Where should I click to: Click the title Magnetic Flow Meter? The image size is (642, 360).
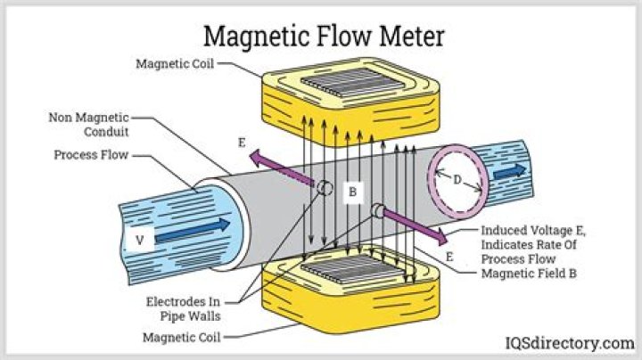pos(324,37)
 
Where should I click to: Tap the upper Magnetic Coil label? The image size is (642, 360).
pos(175,64)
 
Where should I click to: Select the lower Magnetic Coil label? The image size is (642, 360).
pos(181,338)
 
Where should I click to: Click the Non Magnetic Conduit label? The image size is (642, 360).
pos(88,125)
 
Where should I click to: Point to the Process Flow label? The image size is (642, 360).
pos(91,155)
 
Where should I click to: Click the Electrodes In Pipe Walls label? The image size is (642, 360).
pos(183,309)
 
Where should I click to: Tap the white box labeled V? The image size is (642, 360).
pos(140,240)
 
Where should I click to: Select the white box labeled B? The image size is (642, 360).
pos(352,192)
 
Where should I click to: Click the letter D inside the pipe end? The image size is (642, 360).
pos(457,180)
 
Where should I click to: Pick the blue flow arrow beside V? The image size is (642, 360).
pos(193,231)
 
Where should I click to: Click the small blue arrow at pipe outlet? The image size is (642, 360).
pos(509,172)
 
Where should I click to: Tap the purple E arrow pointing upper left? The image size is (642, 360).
pos(282,169)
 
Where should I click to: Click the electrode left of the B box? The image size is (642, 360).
pos(325,188)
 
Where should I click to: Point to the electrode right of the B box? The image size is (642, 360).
pos(377,211)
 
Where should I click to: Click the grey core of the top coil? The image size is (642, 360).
pos(353,83)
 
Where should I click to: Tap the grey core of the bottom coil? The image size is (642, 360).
pos(352,269)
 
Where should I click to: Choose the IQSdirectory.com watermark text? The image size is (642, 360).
pos(570,343)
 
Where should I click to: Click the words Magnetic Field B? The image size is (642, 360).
pos(529,274)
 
